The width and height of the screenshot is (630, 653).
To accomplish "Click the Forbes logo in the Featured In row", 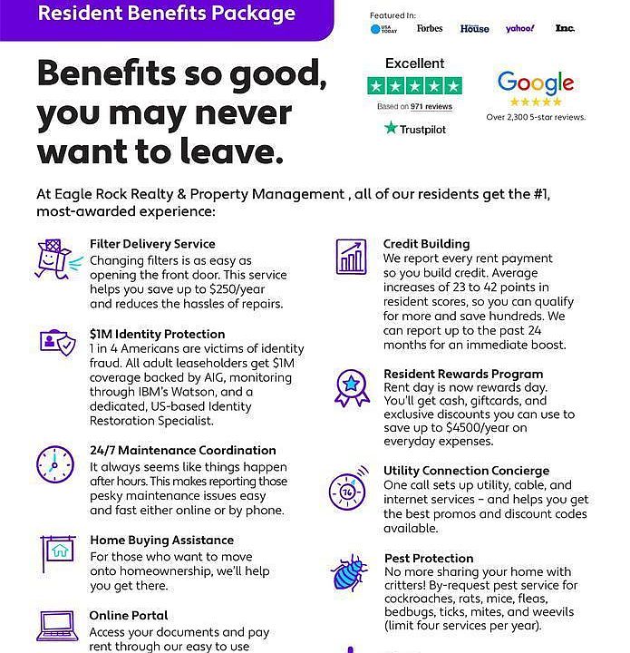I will pos(430,29).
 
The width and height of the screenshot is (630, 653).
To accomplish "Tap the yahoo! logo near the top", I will pos(520,29).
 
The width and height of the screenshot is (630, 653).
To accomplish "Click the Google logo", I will pos(536,83).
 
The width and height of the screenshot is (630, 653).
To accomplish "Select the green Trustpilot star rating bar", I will pos(414,86).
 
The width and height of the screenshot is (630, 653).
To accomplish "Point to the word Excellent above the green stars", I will pos(414,63).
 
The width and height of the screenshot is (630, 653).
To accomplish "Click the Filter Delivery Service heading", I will pos(152,244).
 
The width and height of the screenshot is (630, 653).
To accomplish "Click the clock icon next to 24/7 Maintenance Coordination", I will pos(54,465).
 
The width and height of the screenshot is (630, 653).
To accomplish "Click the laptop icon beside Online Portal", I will pos(55,625).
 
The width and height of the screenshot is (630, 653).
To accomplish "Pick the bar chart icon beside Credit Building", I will pos(351,257).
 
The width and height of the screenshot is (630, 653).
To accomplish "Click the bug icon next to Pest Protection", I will pos(349,574).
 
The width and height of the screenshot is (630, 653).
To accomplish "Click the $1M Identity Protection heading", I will pos(158,334).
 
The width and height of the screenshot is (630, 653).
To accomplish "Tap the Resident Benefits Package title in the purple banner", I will pos(166,14).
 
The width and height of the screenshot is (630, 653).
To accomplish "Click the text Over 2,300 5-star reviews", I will pos(536,117).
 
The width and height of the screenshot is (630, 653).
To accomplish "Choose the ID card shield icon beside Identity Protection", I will pos(56,344).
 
